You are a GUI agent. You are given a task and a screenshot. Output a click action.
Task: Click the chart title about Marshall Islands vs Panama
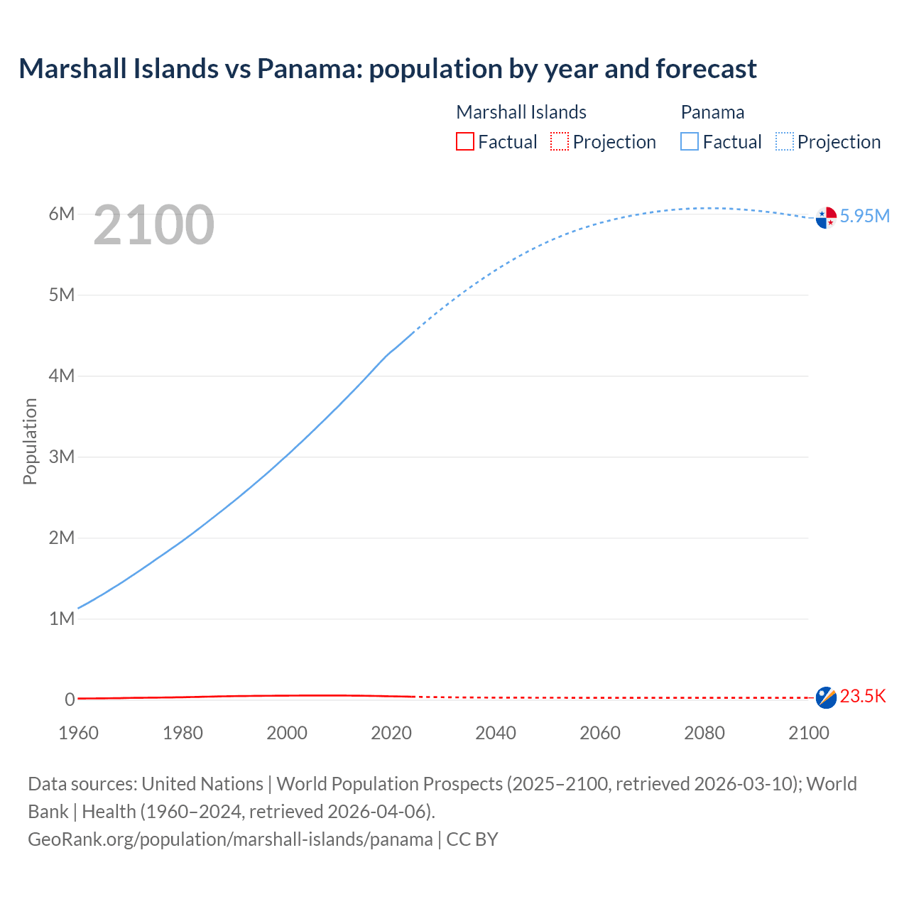tap(388, 69)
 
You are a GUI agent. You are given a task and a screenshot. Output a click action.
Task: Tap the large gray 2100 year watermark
tap(153, 225)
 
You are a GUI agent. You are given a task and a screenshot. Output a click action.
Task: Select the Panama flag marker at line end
tap(826, 217)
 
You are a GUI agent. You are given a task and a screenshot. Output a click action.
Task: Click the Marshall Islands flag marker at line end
tap(826, 697)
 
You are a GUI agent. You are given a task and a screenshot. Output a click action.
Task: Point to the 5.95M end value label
tap(864, 216)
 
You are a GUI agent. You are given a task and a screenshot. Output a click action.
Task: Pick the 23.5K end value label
tap(863, 696)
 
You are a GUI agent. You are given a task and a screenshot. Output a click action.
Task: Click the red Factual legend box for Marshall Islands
tap(465, 142)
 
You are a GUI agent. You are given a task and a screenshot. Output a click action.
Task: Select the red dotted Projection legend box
tap(560, 142)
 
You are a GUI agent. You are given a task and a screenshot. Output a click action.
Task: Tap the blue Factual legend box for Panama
tap(690, 142)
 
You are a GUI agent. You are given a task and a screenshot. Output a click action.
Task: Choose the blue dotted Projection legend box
tap(785, 142)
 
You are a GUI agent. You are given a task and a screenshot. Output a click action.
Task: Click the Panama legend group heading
tap(712, 112)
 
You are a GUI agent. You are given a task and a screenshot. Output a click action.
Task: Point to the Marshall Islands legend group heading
tap(521, 112)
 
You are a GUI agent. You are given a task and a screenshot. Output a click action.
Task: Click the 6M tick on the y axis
tap(62, 214)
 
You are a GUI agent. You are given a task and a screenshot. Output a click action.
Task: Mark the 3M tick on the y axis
tap(62, 457)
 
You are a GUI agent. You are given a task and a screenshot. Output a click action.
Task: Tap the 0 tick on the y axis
tap(70, 700)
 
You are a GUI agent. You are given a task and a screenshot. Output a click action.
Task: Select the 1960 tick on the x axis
tap(79, 733)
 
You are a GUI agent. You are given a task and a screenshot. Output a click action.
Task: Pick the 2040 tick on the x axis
tap(496, 733)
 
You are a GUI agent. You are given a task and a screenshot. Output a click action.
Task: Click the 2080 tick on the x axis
tap(704, 733)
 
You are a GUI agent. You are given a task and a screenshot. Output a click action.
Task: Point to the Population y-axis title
tap(30, 441)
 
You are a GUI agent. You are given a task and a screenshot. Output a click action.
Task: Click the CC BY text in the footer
tap(472, 839)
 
